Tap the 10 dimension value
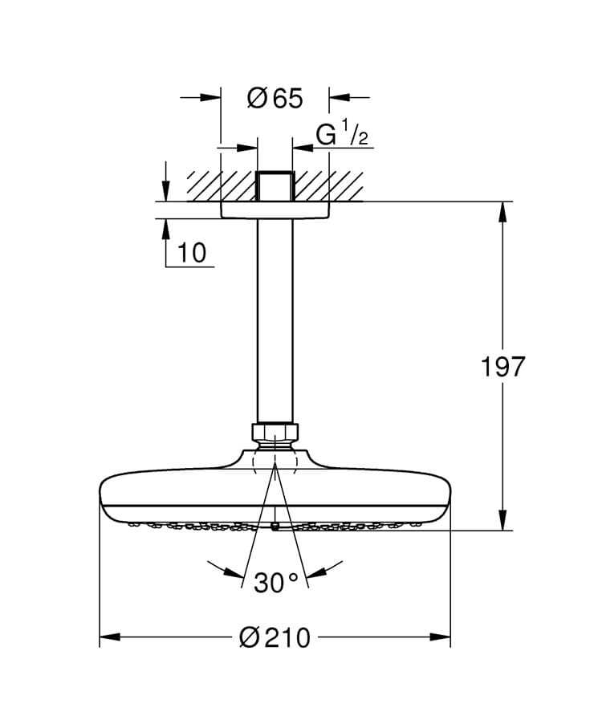point(192,252)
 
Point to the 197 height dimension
point(502,366)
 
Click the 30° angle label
point(276,582)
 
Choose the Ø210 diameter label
point(275,637)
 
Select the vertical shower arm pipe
point(275,321)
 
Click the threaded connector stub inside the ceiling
point(275,185)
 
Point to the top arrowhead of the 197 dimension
point(503,211)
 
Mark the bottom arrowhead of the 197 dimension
point(503,521)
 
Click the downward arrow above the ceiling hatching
point(165,192)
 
